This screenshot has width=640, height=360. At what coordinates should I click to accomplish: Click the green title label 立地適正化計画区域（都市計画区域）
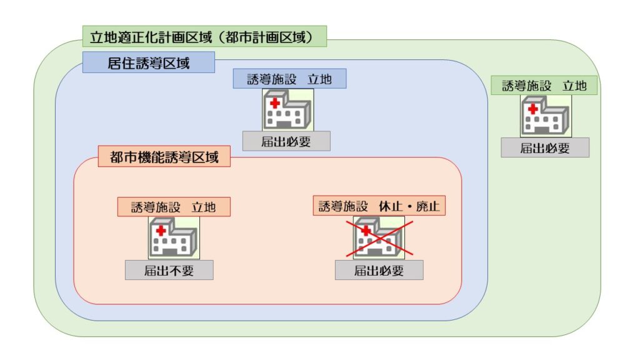pyautogui.click(x=204, y=36)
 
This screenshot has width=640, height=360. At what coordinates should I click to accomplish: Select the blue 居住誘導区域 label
pyautogui.click(x=149, y=62)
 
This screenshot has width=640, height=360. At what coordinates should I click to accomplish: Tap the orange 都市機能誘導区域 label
pyautogui.click(x=164, y=156)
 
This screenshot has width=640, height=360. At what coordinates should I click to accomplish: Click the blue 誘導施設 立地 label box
pyautogui.click(x=290, y=79)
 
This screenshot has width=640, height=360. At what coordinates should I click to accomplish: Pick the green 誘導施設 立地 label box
pyautogui.click(x=544, y=85)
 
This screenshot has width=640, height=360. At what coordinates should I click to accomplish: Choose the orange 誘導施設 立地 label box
pyautogui.click(x=174, y=207)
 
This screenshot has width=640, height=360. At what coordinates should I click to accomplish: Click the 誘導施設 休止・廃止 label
pyautogui.click(x=379, y=206)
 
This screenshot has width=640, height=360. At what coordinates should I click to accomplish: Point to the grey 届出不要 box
pyautogui.click(x=169, y=270)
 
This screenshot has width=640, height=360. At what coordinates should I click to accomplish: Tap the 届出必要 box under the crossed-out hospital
pyautogui.click(x=379, y=270)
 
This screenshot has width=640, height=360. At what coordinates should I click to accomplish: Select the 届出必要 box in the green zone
pyautogui.click(x=545, y=147)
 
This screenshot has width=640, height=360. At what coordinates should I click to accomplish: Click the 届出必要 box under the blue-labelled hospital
pyautogui.click(x=286, y=141)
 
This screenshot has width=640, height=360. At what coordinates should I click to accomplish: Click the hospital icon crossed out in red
pyautogui.click(x=379, y=238)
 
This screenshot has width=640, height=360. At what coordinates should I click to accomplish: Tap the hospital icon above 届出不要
pyautogui.click(x=174, y=238)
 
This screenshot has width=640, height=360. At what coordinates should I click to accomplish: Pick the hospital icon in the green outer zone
pyautogui.click(x=546, y=116)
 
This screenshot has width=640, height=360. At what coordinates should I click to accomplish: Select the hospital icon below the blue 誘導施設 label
pyautogui.click(x=288, y=110)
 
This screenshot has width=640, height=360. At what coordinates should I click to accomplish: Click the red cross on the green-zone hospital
pyautogui.click(x=532, y=109)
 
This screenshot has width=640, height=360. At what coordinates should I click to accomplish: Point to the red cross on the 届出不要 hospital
pyautogui.click(x=161, y=231)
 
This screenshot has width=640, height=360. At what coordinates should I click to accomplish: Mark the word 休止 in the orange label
pyautogui.click(x=391, y=206)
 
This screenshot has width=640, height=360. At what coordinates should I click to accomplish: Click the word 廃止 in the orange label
pyautogui.click(x=427, y=206)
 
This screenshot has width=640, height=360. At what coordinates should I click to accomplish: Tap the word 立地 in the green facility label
pyautogui.click(x=575, y=86)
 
